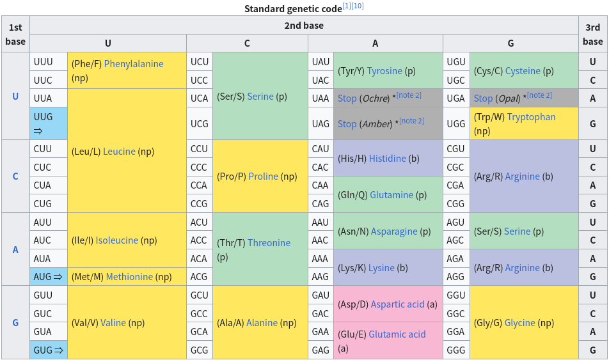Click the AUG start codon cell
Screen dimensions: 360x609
[x=48, y=277]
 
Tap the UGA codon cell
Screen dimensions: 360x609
[x=456, y=98]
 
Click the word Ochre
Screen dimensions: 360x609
[x=376, y=98]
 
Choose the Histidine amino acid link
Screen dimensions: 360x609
[x=387, y=159]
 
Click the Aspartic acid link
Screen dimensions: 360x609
[x=397, y=304]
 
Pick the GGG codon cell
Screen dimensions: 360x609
[x=456, y=350]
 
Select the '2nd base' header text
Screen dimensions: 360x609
[x=304, y=26]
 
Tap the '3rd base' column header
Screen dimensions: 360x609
[x=592, y=34]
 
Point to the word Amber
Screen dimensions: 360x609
[x=376, y=124]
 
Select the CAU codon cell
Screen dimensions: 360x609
[x=320, y=149]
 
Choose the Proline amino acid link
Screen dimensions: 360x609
[x=264, y=176]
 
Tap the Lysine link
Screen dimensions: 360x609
[x=381, y=268]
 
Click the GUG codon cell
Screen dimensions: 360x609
[x=48, y=350]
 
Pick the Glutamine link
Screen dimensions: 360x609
[x=391, y=195]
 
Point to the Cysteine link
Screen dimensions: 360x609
[x=522, y=71]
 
